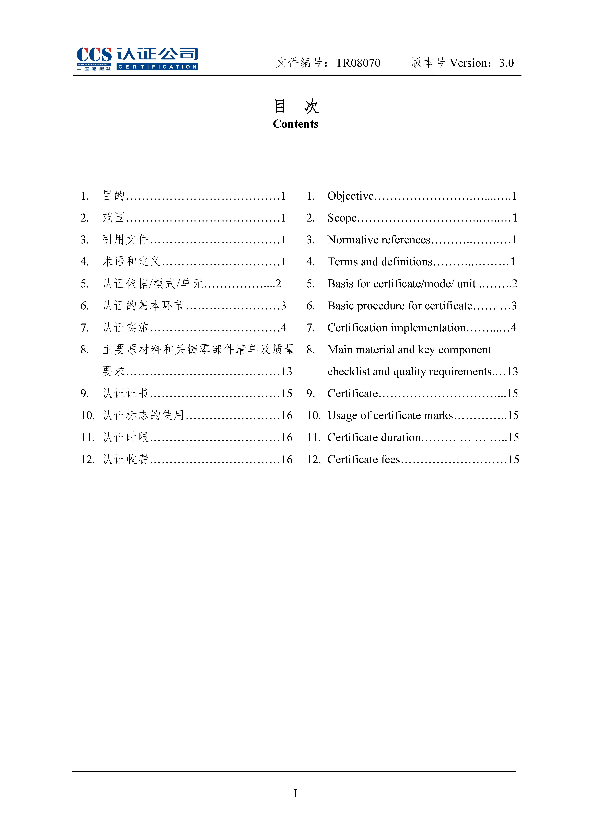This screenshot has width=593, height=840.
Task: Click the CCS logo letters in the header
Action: [94, 55]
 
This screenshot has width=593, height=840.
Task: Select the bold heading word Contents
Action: [296, 124]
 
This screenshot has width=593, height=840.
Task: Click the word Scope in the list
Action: [342, 218]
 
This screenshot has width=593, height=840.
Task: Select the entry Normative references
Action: [379, 240]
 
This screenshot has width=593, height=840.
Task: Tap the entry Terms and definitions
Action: [380, 262]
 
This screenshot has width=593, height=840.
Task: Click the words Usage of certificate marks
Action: [390, 416]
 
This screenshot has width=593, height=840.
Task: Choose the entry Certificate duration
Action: [374, 438]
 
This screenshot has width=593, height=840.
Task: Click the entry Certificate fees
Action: [364, 460]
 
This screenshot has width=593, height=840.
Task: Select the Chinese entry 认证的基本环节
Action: [143, 306]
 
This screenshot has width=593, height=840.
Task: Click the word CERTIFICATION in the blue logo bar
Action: [157, 67]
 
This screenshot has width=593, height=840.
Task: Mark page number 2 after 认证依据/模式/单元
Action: [278, 284]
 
